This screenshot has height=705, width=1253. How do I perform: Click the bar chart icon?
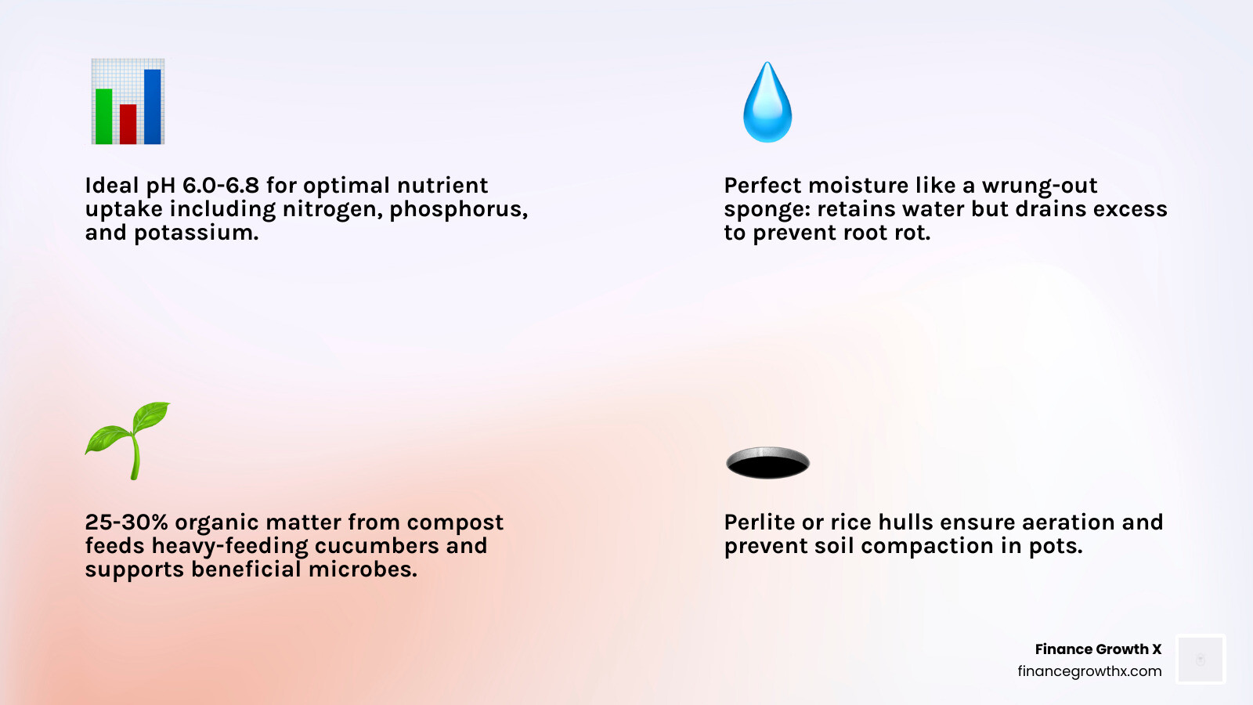point(128,102)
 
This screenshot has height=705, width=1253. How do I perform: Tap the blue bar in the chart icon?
point(153,107)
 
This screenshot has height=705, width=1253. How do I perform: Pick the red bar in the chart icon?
point(128,124)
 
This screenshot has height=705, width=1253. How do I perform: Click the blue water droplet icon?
point(767,103)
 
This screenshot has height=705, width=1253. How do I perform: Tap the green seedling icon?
point(128,440)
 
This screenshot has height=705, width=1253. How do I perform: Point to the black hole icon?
point(767,462)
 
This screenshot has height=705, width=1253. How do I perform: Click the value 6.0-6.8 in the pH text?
point(220,186)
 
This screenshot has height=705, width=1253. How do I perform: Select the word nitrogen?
point(331,209)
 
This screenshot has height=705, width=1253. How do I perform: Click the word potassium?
point(196,233)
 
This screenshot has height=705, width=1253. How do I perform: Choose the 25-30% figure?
point(126,522)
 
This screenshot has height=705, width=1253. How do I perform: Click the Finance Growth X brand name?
point(1098,649)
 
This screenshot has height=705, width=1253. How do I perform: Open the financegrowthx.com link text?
point(1089,671)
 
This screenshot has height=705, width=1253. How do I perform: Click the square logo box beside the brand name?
point(1201,660)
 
